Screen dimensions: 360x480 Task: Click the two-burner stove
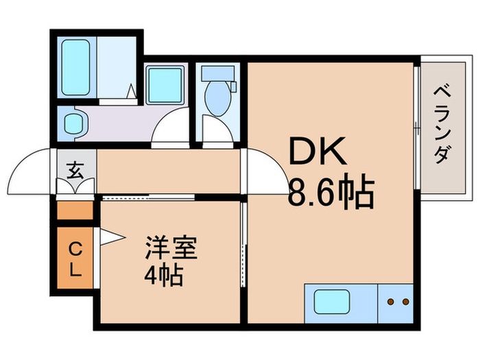pyautogui.click(x=396, y=302)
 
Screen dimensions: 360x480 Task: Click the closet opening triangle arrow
pyautogui.click(x=110, y=237)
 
